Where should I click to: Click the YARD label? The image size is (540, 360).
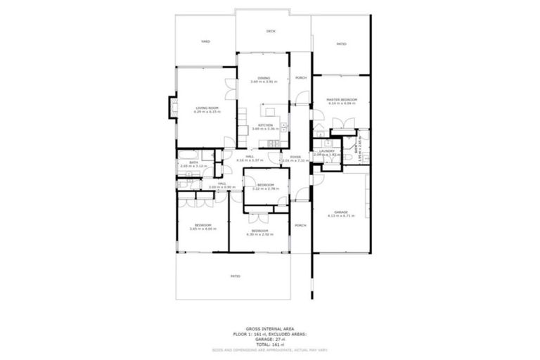[x=205, y=41]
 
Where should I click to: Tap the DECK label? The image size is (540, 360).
[x=271, y=32]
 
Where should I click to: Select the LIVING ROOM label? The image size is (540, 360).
[x=207, y=108]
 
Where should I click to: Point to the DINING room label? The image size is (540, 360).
[x=264, y=77]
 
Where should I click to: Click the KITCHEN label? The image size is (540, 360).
[x=265, y=125]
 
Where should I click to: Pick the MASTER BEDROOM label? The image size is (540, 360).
[x=342, y=100]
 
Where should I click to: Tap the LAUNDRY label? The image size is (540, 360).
[x=326, y=150]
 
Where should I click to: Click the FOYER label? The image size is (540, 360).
[x=295, y=156]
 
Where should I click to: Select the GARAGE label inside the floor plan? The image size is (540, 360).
[x=341, y=212]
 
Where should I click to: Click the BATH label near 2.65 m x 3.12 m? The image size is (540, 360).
[x=193, y=162]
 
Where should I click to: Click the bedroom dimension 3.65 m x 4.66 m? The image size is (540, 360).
[x=202, y=229]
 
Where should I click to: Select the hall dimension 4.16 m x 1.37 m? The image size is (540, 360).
[x=250, y=160]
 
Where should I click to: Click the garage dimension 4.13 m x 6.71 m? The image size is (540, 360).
[x=341, y=216]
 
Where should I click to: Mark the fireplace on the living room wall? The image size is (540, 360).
[x=169, y=107]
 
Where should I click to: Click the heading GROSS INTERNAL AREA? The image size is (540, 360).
[x=270, y=328]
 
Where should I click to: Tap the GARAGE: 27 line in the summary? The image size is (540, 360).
[x=270, y=339]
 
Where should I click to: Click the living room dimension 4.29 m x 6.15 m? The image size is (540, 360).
[x=207, y=112]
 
